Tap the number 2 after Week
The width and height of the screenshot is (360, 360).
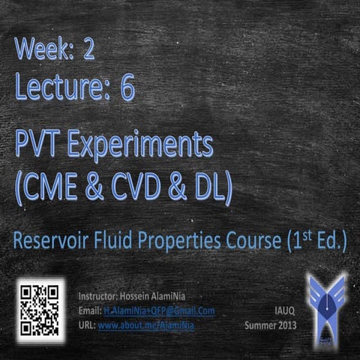pyautogui.click(x=110, y=52)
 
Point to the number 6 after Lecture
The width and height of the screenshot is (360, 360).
pyautogui.click(x=127, y=88)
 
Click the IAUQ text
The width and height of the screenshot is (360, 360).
pyautogui.click(x=282, y=310)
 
